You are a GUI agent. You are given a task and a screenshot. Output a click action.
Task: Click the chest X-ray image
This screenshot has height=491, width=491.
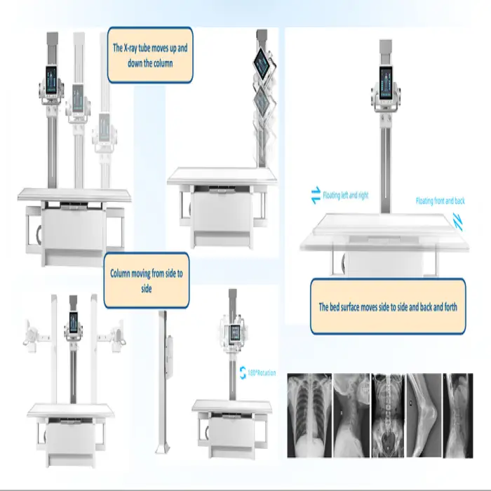(x=309, y=415)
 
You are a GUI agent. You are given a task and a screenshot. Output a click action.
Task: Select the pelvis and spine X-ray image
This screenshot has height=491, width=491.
(x=389, y=415)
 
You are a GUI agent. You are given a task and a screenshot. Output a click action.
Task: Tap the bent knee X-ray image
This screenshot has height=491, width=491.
(x=424, y=415)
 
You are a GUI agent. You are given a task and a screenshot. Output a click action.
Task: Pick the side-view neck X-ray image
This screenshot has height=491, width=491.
(x=351, y=415)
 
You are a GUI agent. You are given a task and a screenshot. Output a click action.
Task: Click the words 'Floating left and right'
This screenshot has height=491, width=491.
(x=345, y=196)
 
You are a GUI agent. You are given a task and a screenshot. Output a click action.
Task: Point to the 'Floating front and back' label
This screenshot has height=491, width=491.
(x=440, y=201)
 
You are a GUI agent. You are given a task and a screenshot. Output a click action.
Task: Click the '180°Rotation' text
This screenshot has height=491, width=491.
(x=262, y=372)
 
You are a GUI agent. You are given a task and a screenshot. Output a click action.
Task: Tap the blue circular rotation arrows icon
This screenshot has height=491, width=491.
(x=243, y=372)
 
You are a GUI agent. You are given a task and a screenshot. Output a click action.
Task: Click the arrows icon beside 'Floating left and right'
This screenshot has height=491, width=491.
(x=316, y=195)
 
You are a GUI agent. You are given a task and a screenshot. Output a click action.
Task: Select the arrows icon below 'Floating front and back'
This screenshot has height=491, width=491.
(x=458, y=222)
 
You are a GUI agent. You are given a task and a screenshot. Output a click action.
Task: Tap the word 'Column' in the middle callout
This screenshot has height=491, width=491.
(x=120, y=274)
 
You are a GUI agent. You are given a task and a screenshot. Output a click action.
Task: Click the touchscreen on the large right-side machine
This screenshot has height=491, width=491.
(x=386, y=83)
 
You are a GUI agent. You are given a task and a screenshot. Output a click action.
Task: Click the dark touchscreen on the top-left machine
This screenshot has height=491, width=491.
(x=51, y=80)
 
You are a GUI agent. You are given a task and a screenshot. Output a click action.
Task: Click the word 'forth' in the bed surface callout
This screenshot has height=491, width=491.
(x=451, y=307)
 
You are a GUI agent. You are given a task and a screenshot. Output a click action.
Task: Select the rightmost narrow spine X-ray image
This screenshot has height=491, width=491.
(x=458, y=415)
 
